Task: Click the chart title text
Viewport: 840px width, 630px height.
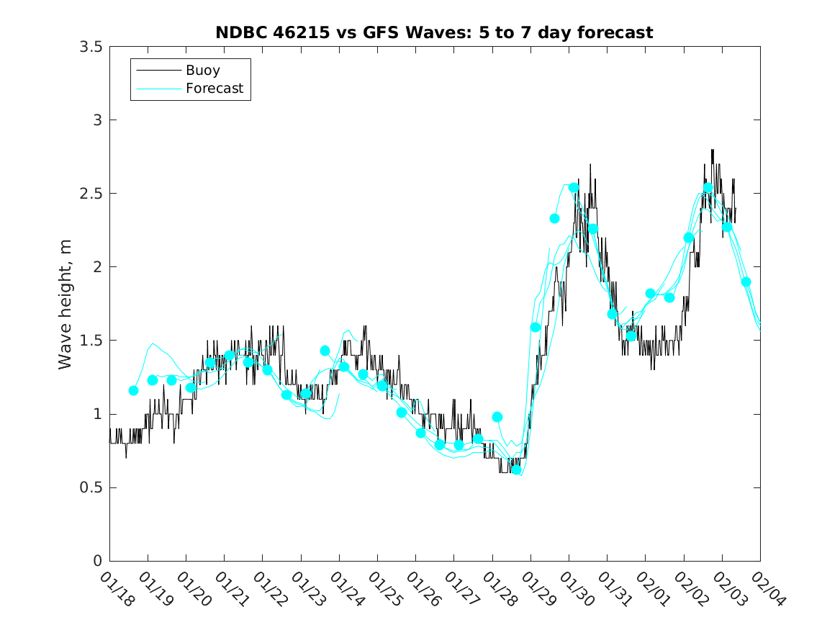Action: [x=434, y=32]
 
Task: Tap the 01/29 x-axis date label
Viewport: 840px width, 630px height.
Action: [x=536, y=590]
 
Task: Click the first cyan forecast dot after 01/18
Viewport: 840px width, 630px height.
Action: [x=133, y=390]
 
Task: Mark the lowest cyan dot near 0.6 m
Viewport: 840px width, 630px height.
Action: [x=516, y=469]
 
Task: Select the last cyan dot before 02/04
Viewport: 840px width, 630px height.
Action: [x=746, y=282]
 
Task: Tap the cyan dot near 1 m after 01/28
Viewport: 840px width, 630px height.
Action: [x=497, y=417]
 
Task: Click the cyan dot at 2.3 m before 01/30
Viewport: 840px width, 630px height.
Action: [x=554, y=218]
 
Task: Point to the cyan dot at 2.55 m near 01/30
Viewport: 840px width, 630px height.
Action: [x=574, y=187]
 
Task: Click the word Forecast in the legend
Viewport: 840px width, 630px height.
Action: [x=214, y=89]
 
